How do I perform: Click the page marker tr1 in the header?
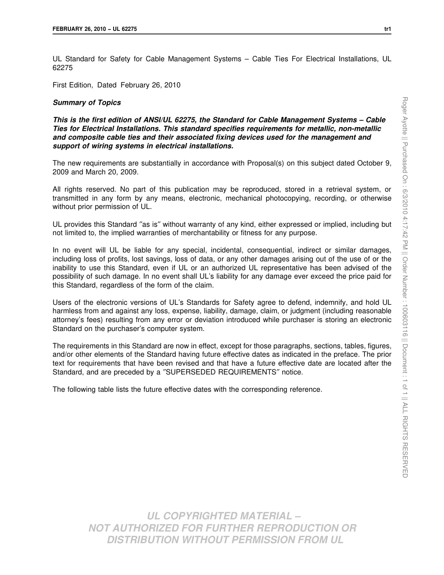[x=387, y=29]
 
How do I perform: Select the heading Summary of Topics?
[x=86, y=102]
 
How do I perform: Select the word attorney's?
[x=69, y=319]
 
